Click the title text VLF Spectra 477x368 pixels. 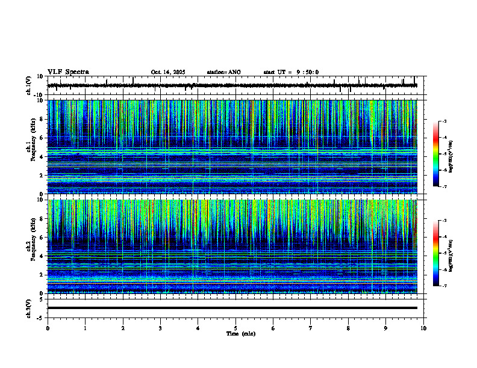tap(68, 72)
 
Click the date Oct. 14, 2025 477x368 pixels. tap(168, 72)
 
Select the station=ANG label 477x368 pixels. tap(223, 72)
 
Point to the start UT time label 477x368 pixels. tap(291, 72)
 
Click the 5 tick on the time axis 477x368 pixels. tap(235, 328)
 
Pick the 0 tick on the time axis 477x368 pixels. tap(48, 328)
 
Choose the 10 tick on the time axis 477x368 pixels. tap(423, 328)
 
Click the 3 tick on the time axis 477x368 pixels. tap(160, 328)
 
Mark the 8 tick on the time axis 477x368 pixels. tap(348, 328)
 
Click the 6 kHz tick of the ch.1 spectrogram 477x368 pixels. tap(42, 138)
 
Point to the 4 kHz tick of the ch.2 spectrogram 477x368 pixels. tap(42, 256)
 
